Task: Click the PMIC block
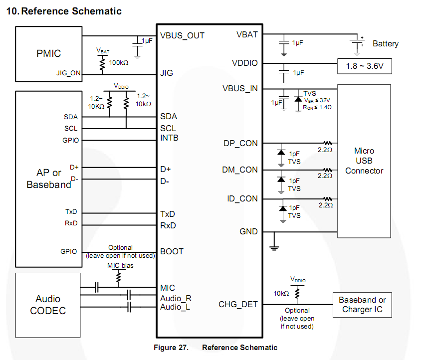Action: [x=48, y=54]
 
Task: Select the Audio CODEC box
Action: [x=48, y=305]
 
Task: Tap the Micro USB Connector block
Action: [x=364, y=161]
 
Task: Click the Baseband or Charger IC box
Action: [x=362, y=305]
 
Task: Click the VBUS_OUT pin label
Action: [x=182, y=36]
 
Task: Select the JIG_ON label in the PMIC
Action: [x=68, y=73]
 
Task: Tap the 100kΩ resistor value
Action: [x=119, y=63]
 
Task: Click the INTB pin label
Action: [x=169, y=138]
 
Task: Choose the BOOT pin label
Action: [x=172, y=251]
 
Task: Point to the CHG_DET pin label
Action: [x=238, y=304]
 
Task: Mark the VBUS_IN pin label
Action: [x=240, y=89]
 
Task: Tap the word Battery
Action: [x=386, y=44]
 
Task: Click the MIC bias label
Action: [x=120, y=265]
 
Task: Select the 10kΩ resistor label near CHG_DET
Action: [x=280, y=293]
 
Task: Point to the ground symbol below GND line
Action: [x=273, y=246]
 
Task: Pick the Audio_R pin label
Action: [x=176, y=298]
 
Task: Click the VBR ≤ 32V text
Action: [x=318, y=100]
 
